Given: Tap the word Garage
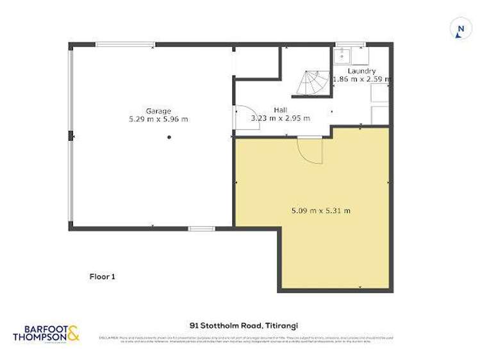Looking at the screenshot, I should tap(158, 111).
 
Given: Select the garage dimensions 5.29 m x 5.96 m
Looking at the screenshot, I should tap(158, 119).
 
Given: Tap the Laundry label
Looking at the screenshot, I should tap(361, 70).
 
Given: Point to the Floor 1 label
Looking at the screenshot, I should tap(102, 277).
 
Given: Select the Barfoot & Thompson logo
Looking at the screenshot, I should tap(46, 333).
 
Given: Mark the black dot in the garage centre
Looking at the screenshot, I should tap(169, 137).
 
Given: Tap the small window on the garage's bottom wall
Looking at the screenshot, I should tap(202, 228).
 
